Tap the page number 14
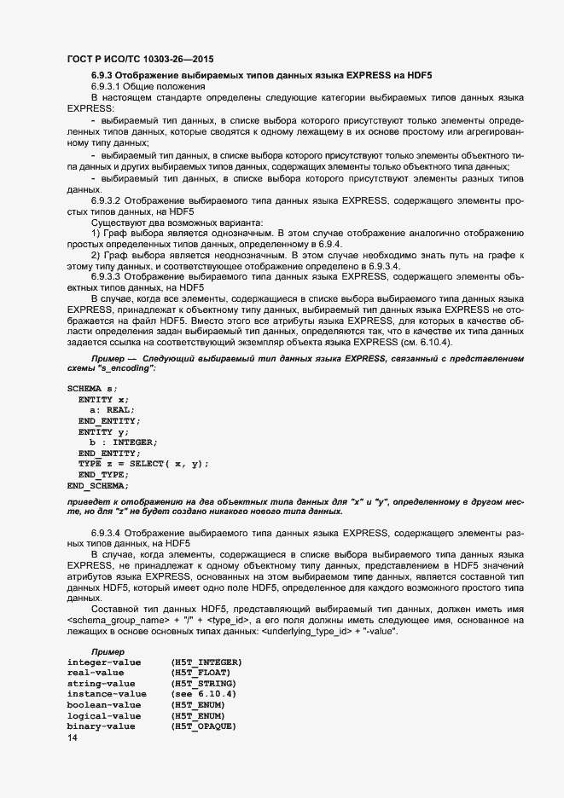(x=72, y=737)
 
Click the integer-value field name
(x=101, y=638)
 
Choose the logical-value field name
(x=101, y=692)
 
